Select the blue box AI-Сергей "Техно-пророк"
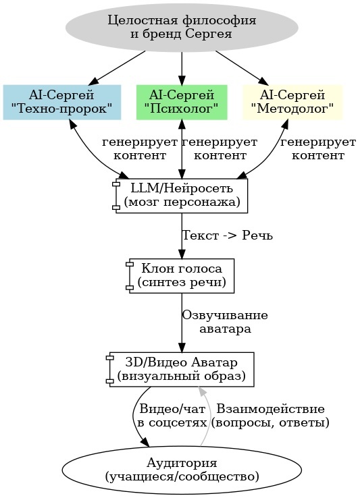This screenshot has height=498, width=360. tap(61, 101)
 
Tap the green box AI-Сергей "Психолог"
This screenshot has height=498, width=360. tap(181, 101)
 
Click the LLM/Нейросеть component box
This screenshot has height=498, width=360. tap(181, 195)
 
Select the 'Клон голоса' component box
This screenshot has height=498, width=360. tap(181, 275)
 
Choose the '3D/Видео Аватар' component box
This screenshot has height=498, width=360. tap(181, 369)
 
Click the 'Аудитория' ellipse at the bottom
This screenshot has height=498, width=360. tap(181, 469)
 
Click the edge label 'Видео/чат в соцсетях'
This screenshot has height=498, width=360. tap(172, 416)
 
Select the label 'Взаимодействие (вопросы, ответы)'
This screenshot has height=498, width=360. tap(270, 416)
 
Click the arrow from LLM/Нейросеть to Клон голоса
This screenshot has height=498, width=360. tap(181, 235)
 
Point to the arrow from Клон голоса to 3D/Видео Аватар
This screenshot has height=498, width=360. tap(181, 323)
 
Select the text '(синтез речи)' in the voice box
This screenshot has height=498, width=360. tap(181, 282)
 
